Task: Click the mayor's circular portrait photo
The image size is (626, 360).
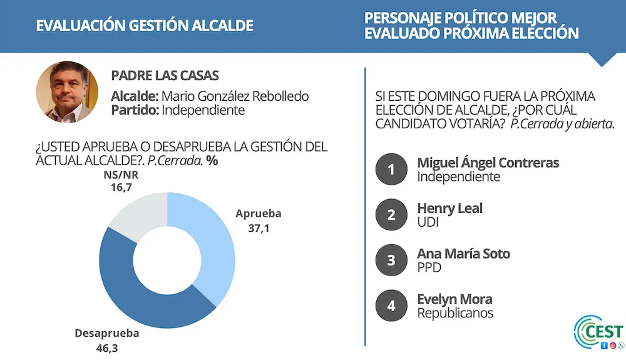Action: pyautogui.click(x=67, y=91)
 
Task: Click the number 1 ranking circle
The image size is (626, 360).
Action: pyautogui.click(x=391, y=169)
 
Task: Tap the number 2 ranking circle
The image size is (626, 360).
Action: pyautogui.click(x=391, y=215)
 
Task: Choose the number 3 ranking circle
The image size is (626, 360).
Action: pyautogui.click(x=391, y=260)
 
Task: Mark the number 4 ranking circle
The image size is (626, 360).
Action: pyautogui.click(x=391, y=306)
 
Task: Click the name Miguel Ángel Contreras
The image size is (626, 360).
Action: pyautogui.click(x=488, y=163)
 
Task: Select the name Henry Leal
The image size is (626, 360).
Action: pyautogui.click(x=449, y=208)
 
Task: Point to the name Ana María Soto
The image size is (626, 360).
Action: pyautogui.click(x=463, y=254)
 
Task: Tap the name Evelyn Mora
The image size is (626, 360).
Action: pyautogui.click(x=454, y=299)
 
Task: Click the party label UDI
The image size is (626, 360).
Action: pyautogui.click(x=429, y=222)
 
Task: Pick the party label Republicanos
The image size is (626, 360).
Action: pyautogui.click(x=455, y=313)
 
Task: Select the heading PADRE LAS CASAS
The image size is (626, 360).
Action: pyautogui.click(x=165, y=76)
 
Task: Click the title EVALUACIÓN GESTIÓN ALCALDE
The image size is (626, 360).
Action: pyautogui.click(x=145, y=26)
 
